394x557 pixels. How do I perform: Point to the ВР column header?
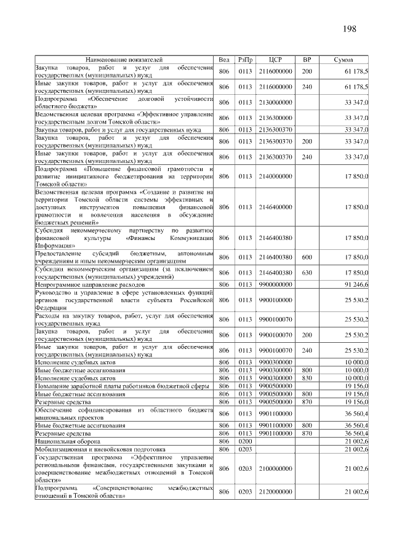coord(306,60)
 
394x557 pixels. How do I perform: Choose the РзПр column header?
coord(246,60)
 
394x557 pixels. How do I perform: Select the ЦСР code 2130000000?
coord(275,102)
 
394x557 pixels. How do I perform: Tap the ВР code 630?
coord(306,272)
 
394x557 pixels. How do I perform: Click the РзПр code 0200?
coord(246,441)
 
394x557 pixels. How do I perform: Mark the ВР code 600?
coord(306,257)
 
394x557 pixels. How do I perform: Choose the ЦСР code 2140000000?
coord(275,177)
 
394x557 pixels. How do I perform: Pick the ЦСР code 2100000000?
coord(275,469)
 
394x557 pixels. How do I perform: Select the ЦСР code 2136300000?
coord(275,117)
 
